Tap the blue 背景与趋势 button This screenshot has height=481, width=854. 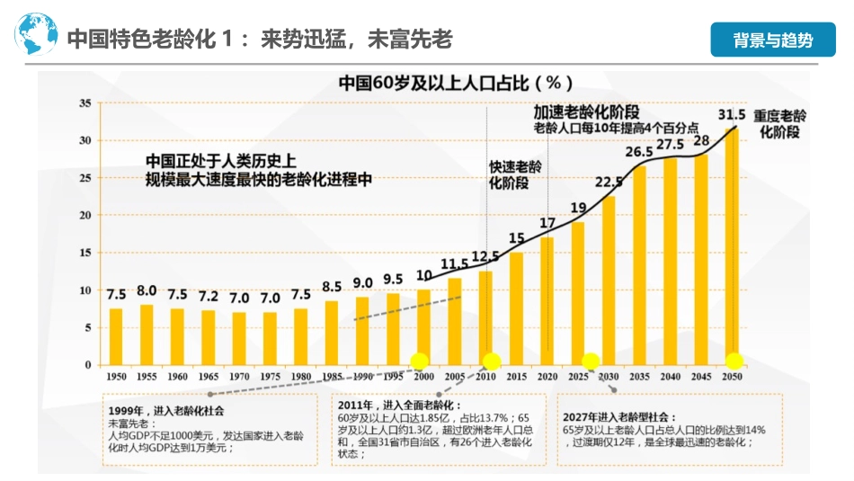pos(772,40)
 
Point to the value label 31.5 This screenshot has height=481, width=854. pos(733,115)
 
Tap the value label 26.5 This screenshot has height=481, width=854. pos(639,152)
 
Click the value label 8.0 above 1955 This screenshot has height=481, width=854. pos(147,290)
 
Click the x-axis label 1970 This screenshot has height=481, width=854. pos(238,376)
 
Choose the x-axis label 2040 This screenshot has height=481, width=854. pos(671,376)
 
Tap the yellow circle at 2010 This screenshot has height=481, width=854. pos(491,361)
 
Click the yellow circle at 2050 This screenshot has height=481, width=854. pos(734,361)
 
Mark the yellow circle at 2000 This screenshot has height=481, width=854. pos(420,361)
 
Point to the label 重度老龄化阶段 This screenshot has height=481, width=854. pos(778,124)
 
